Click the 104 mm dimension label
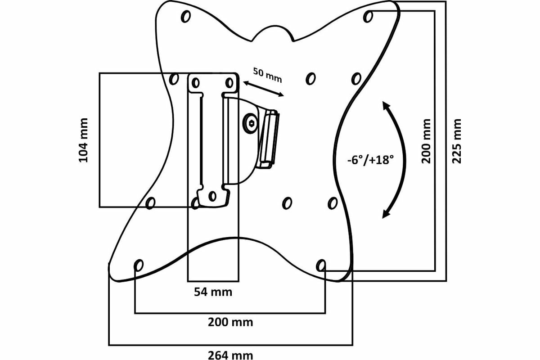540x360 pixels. (83, 140)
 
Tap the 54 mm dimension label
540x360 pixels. (213, 292)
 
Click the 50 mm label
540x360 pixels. (267, 75)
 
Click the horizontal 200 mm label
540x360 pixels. (230, 322)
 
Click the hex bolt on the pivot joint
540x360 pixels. (250, 122)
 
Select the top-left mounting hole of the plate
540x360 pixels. (185, 17)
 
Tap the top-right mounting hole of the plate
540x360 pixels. (369, 17)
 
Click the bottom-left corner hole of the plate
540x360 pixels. (139, 265)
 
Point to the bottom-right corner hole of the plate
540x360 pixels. (320, 265)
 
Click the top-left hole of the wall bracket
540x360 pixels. (195, 83)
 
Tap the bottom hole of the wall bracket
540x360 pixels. (212, 196)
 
